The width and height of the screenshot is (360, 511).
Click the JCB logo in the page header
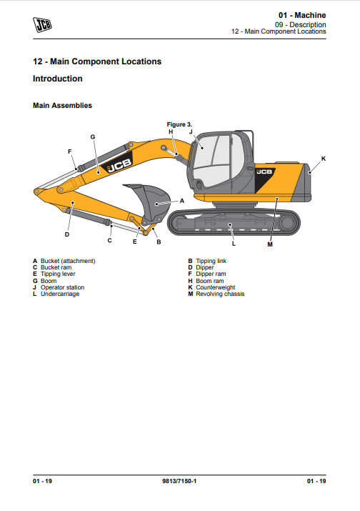[42, 25]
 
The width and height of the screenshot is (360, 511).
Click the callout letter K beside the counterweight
[323, 159]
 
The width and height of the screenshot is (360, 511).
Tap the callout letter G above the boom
[93, 137]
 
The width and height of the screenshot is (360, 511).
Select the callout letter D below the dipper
[67, 234]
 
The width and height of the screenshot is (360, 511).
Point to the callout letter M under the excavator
[270, 244]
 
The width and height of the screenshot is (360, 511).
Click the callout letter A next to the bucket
[182, 201]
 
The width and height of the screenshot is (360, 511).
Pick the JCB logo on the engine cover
[264, 172]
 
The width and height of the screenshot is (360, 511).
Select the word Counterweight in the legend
[215, 287]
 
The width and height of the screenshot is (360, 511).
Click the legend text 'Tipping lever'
[58, 274]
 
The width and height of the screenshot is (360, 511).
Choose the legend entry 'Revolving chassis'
[220, 294]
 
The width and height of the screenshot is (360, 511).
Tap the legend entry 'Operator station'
[62, 287]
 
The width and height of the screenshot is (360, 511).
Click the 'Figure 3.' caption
[179, 124]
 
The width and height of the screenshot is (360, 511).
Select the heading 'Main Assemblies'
[62, 106]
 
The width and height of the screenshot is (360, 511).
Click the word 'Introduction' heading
[58, 79]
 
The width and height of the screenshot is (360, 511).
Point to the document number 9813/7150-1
[179, 482]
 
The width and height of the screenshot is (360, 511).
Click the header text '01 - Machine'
[302, 15]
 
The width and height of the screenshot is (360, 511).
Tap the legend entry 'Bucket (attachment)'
[68, 261]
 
